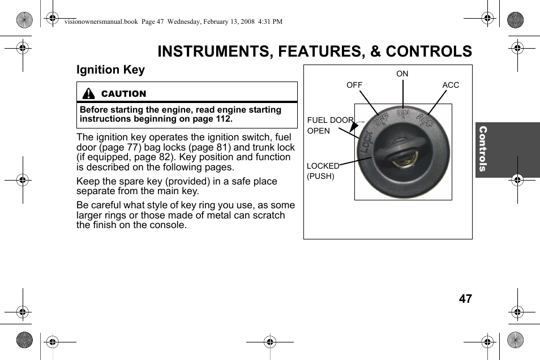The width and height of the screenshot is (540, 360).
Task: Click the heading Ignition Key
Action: coord(110,70)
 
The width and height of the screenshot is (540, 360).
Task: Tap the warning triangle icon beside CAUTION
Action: coord(88,94)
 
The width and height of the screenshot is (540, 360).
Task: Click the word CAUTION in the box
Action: coord(123,94)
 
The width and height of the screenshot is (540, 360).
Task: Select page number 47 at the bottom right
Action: coord(465,299)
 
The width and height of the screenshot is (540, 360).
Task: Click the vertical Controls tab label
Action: coord(483,149)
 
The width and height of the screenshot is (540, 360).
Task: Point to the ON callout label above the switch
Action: coord(402,74)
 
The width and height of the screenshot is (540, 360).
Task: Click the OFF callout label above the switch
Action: coord(354,85)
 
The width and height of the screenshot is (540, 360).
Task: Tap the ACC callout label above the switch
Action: coord(451,85)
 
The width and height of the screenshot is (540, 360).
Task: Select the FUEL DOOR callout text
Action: coord(330,120)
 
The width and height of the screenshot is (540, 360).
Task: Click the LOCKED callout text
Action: coord(323,166)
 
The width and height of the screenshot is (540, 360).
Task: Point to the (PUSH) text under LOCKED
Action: coord(320,176)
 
